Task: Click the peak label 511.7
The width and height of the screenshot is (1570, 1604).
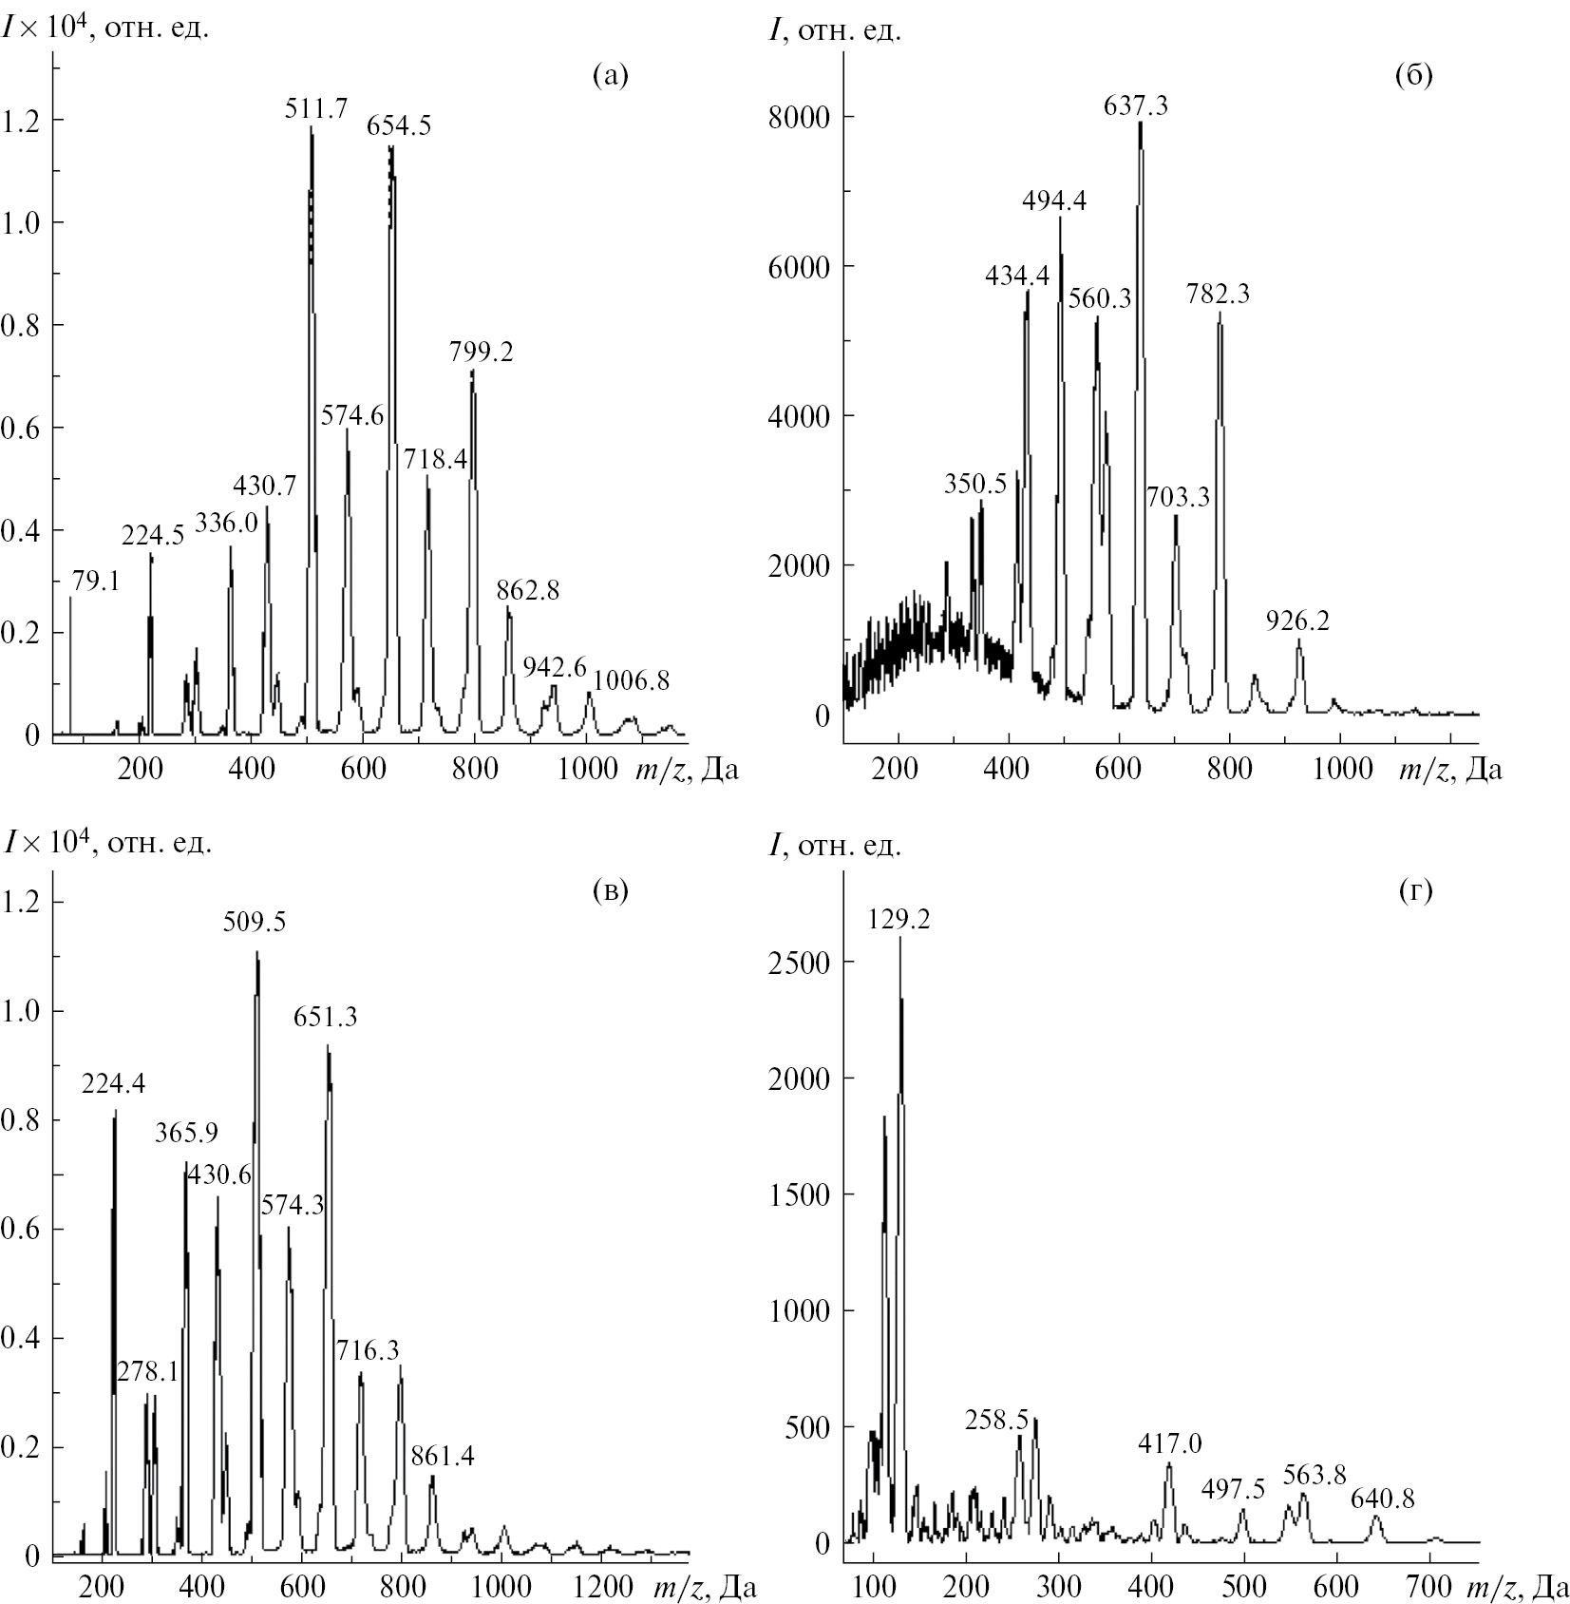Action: click(316, 108)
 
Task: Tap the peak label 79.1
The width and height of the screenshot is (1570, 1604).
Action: click(95, 581)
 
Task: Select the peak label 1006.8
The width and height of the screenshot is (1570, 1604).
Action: click(632, 680)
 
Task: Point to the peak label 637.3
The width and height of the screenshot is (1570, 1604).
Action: click(1136, 105)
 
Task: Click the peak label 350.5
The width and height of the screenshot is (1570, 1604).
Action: click(975, 484)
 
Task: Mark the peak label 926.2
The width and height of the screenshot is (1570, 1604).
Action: click(1298, 621)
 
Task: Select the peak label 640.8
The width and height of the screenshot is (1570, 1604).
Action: click(1383, 1499)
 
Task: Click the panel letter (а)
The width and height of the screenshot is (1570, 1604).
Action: click(611, 76)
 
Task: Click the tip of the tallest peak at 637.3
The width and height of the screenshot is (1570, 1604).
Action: click(1140, 123)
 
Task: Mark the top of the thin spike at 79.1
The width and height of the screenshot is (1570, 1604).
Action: click(70, 598)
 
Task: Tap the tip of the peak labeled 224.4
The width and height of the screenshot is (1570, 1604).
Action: click(115, 1110)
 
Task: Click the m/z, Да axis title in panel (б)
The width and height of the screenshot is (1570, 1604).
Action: click(1450, 769)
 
